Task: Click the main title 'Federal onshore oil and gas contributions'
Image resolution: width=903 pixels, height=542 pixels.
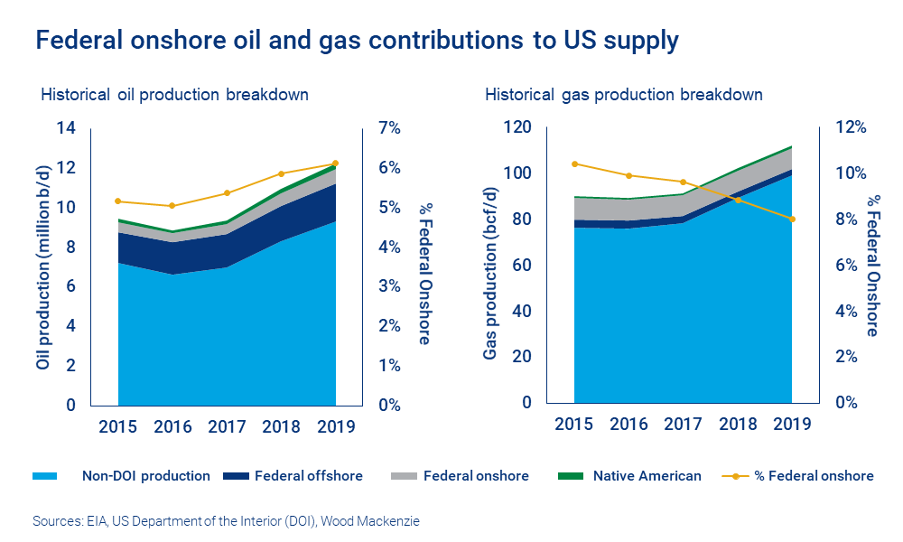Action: (356, 41)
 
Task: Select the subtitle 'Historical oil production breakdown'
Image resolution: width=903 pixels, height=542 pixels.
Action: (173, 94)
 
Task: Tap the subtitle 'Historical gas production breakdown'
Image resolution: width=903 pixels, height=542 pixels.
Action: (623, 94)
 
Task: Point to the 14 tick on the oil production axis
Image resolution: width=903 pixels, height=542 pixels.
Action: (65, 127)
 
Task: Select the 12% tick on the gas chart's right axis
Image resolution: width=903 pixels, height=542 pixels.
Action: (849, 127)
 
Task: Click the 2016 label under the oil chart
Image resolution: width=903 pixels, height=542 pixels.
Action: (172, 426)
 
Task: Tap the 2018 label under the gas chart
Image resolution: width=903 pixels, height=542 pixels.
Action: (738, 424)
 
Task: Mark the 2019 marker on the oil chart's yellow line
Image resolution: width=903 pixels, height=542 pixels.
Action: (335, 164)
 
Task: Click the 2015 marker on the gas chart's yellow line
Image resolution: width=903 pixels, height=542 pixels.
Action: (574, 164)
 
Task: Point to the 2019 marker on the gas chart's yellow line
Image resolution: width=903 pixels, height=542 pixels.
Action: (792, 219)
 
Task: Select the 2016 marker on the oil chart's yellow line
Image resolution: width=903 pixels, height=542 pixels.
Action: (172, 206)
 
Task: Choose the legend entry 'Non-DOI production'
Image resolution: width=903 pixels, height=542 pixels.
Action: (145, 475)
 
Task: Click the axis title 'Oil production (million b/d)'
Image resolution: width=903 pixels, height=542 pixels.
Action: (42, 266)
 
